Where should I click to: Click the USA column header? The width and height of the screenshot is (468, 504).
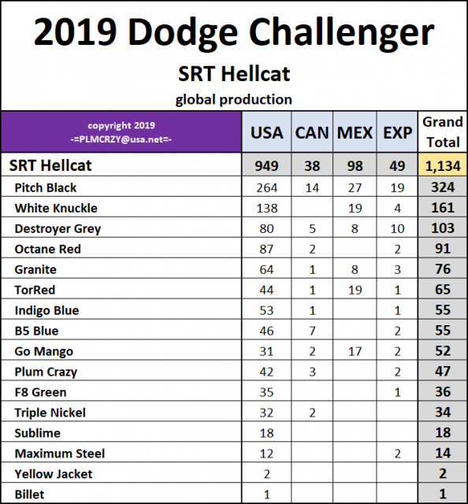(x=266, y=132)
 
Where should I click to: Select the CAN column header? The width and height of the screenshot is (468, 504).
(x=312, y=132)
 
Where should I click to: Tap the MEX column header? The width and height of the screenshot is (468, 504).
(x=355, y=132)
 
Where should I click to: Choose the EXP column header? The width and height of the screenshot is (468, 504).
(x=397, y=132)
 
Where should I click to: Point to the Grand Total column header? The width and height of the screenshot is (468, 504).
(x=443, y=132)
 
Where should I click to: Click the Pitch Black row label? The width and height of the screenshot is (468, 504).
(x=46, y=187)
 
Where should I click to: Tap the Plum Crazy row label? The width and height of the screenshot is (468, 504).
(x=46, y=372)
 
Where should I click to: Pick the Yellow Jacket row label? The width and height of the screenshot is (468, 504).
(x=54, y=474)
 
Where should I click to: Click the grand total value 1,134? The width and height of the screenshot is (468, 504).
(x=443, y=165)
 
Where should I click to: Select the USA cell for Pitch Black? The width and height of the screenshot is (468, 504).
(x=266, y=187)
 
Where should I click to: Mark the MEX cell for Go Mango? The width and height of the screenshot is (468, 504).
(x=355, y=351)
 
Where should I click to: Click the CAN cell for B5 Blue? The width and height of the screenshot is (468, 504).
(x=312, y=331)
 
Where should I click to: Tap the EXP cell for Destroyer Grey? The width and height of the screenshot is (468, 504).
(x=397, y=228)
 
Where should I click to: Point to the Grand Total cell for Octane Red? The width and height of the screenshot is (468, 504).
(x=443, y=249)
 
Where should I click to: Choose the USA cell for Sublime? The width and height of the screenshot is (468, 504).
(x=266, y=433)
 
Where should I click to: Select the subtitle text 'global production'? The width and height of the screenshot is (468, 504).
(x=233, y=99)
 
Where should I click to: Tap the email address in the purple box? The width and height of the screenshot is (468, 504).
(x=121, y=138)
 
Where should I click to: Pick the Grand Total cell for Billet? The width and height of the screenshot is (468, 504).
(x=443, y=495)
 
